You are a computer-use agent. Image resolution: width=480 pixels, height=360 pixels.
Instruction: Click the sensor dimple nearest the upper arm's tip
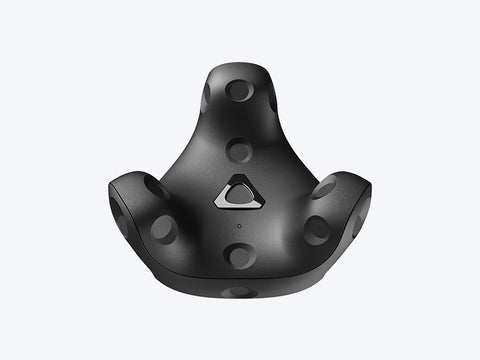pos(239,90)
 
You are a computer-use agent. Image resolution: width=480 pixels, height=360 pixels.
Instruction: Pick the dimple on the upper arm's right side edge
pos(272,98)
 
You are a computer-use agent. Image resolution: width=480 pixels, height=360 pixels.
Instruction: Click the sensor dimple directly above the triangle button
pos(239,150)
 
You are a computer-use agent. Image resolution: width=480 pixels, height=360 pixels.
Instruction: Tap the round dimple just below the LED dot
pos(239,255)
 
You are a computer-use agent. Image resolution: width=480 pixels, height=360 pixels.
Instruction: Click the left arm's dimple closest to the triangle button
pos(154,186)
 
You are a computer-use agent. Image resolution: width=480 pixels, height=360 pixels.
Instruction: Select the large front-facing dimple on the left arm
pos(163,229)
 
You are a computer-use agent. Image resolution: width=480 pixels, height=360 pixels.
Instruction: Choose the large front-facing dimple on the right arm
pos(316,229)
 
